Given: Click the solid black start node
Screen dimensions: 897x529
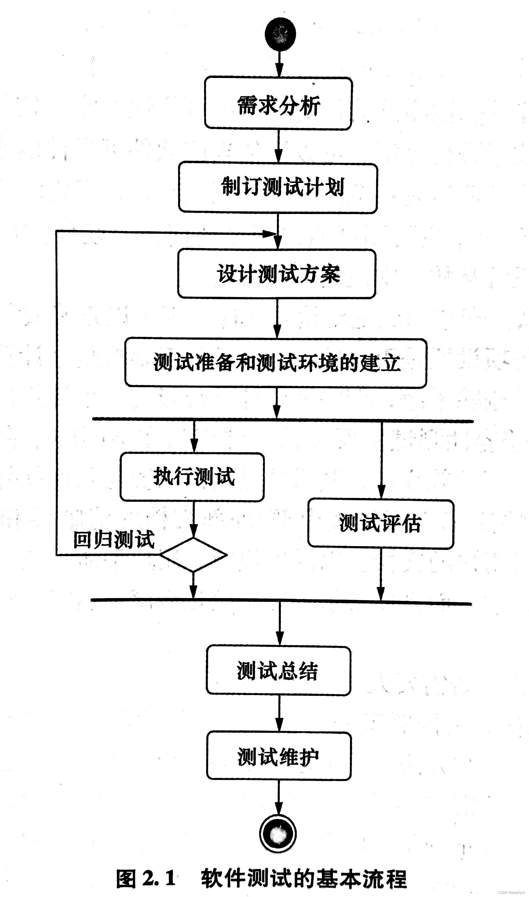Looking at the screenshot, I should (280, 34).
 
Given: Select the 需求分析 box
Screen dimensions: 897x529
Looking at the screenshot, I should (278, 103).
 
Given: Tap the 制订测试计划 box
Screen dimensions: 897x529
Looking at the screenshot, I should (278, 187).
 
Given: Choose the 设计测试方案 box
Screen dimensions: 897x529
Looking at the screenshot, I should (277, 273).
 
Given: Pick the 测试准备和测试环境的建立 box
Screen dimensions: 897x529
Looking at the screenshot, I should (275, 363).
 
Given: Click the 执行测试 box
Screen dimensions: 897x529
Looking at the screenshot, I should (192, 477).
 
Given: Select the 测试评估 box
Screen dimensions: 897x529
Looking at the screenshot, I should (381, 524).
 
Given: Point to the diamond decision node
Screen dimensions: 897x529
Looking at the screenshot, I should (193, 555).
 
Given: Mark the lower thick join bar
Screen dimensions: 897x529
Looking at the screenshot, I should (281, 602).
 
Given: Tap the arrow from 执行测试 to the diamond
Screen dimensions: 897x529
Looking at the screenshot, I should (193, 520).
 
